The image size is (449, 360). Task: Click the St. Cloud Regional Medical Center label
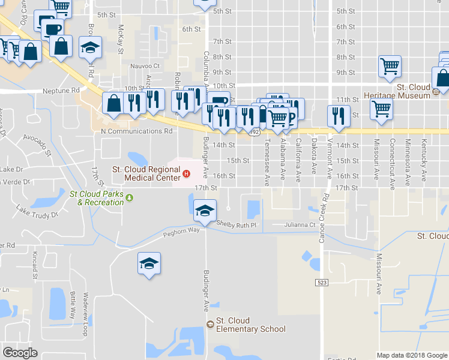(x=146, y=174)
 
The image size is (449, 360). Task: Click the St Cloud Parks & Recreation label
(x=97, y=198)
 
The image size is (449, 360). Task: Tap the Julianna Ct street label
(x=301, y=225)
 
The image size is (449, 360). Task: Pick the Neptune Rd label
(x=61, y=91)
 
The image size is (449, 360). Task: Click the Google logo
(x=20, y=353)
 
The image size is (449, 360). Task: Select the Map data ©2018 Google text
(x=412, y=355)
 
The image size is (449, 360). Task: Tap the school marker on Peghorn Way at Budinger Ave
(x=205, y=210)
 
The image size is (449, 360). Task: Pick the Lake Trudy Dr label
(x=37, y=211)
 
